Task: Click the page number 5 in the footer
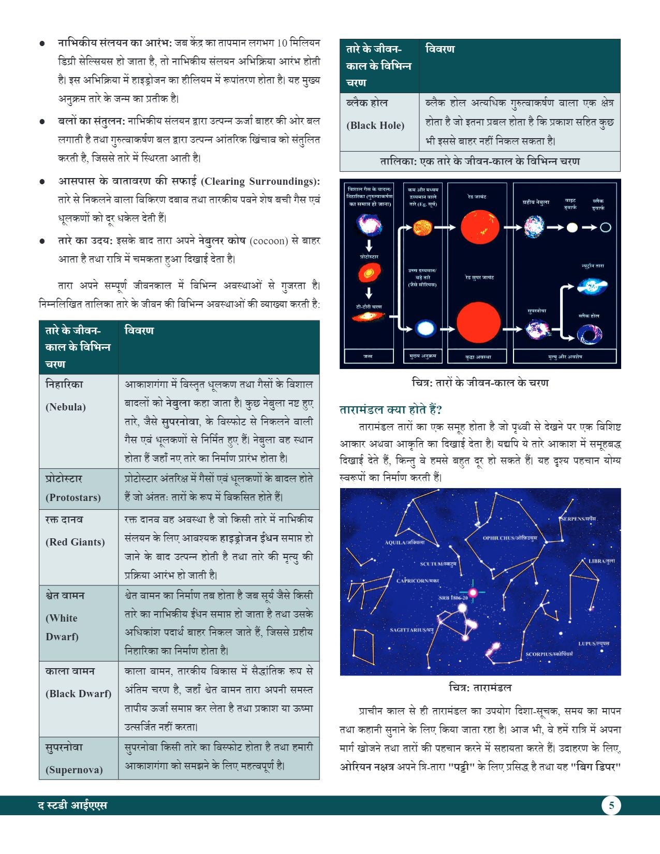pos(611,805)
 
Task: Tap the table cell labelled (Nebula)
pos(66,407)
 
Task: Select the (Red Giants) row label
pos(75,542)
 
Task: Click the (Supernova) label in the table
pos(74,770)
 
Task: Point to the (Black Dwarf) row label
pos(78,694)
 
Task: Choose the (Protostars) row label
pos(73,497)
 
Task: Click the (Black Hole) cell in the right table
pos(375,125)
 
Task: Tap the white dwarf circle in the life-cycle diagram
pos(571,227)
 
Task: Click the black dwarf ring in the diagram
pos(605,227)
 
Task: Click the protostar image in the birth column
pos(370,273)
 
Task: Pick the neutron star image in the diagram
pos(592,286)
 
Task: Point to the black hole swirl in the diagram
pos(590,334)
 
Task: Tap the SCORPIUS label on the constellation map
pos(549,654)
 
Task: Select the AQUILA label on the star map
pos(405,542)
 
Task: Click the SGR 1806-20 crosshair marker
pos(473,592)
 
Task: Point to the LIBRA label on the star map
pos(602,561)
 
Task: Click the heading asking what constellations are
pos(391,410)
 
